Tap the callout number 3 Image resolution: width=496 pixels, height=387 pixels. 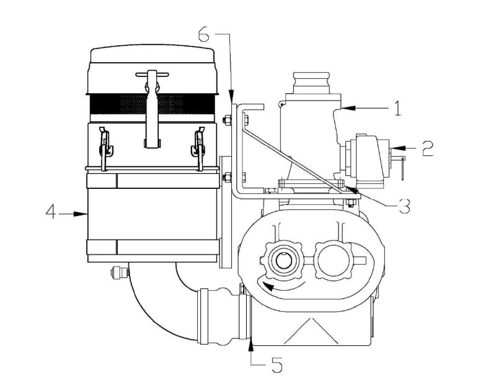click(404, 206)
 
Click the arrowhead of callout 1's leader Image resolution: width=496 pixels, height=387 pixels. click(343, 108)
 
